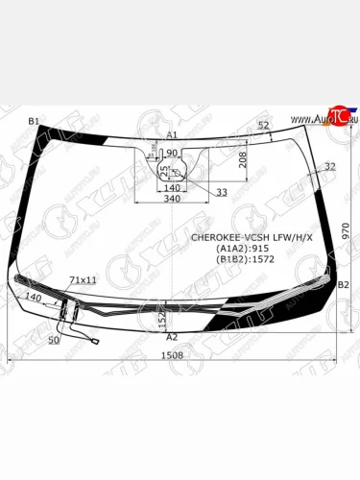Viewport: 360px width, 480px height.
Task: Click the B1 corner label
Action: pyautogui.click(x=34, y=121)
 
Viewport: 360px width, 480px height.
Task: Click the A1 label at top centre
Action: pyautogui.click(x=172, y=135)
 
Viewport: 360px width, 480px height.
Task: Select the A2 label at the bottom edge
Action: pyautogui.click(x=173, y=337)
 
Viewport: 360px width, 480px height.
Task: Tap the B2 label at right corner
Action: pyautogui.click(x=344, y=286)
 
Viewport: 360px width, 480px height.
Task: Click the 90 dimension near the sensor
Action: pyautogui.click(x=173, y=154)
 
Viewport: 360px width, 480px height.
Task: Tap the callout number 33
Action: pyautogui.click(x=222, y=192)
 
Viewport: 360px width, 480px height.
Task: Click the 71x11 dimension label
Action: pyautogui.click(x=84, y=279)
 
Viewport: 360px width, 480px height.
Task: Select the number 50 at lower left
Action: pyautogui.click(x=53, y=340)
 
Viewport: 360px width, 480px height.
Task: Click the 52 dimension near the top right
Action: pyautogui.click(x=263, y=126)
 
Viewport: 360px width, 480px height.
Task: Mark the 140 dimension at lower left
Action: pyautogui.click(x=35, y=299)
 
